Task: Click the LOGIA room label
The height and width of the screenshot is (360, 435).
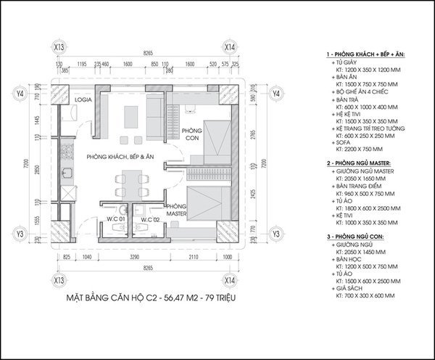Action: pyautogui.click(x=80, y=101)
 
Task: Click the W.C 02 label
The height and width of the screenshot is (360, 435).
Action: pyautogui.click(x=151, y=219)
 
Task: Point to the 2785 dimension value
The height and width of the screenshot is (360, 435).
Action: pyautogui.click(x=252, y=136)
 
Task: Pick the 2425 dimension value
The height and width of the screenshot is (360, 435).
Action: pyautogui.click(x=252, y=195)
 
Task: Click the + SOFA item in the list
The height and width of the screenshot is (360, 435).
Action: pyautogui.click(x=342, y=142)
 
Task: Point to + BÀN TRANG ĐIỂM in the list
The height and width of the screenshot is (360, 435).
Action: pyautogui.click(x=359, y=184)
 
